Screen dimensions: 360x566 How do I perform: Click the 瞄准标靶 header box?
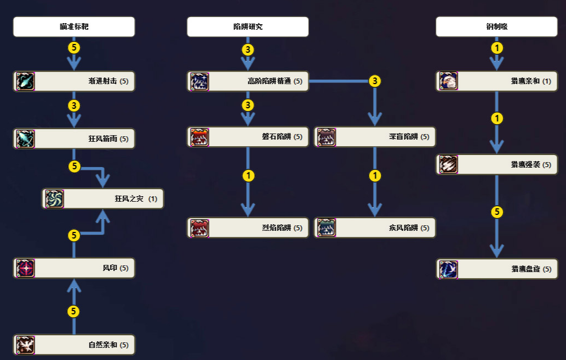(74, 26)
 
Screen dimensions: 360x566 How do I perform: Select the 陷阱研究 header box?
(247, 26)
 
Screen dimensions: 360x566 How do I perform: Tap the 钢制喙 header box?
(496, 26)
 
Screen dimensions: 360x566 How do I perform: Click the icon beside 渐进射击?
(25, 81)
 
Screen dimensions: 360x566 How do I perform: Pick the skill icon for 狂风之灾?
(54, 199)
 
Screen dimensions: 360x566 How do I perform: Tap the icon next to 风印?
(25, 268)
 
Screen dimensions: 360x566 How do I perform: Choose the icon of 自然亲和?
(25, 345)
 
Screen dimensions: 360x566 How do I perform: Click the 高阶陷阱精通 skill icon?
(199, 81)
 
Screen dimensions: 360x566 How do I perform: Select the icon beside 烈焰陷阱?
(199, 228)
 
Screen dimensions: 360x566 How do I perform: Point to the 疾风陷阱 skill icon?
(326, 228)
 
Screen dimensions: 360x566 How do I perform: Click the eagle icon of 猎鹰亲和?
(448, 81)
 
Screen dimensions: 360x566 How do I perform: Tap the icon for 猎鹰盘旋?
(448, 269)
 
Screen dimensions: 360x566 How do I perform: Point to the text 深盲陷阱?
(403, 137)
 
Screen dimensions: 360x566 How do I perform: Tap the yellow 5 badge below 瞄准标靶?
(74, 48)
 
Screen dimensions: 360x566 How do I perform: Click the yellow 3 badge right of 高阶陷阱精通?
(375, 81)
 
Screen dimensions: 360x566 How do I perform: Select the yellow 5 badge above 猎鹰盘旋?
(497, 212)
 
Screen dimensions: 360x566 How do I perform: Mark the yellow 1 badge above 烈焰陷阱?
(248, 176)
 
